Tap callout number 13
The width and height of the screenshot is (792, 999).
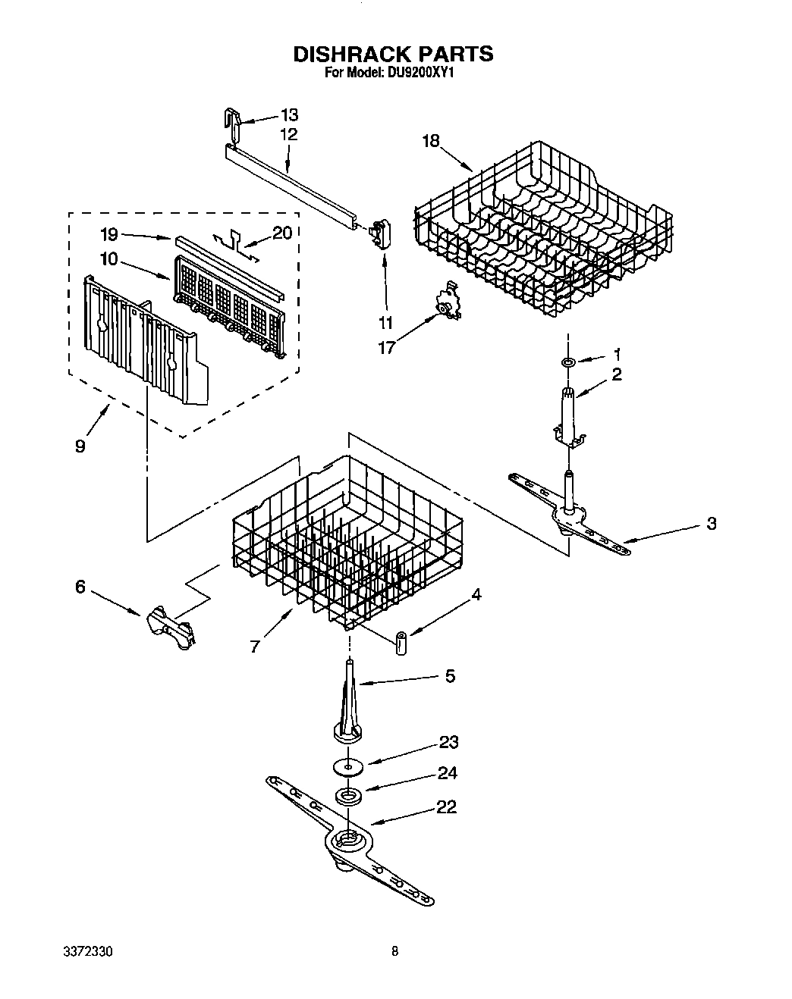pos(289,115)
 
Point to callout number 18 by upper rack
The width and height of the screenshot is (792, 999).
pos(431,141)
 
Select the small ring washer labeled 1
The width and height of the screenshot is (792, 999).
pos(567,363)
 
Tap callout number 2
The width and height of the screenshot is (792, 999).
pos(617,374)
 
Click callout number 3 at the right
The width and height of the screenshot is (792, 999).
pos(711,523)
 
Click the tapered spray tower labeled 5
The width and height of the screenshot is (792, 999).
pos(349,701)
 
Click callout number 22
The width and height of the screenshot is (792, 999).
pos(446,807)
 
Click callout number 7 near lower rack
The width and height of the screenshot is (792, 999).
pos(256,646)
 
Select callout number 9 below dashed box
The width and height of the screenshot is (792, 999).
pos(80,446)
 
